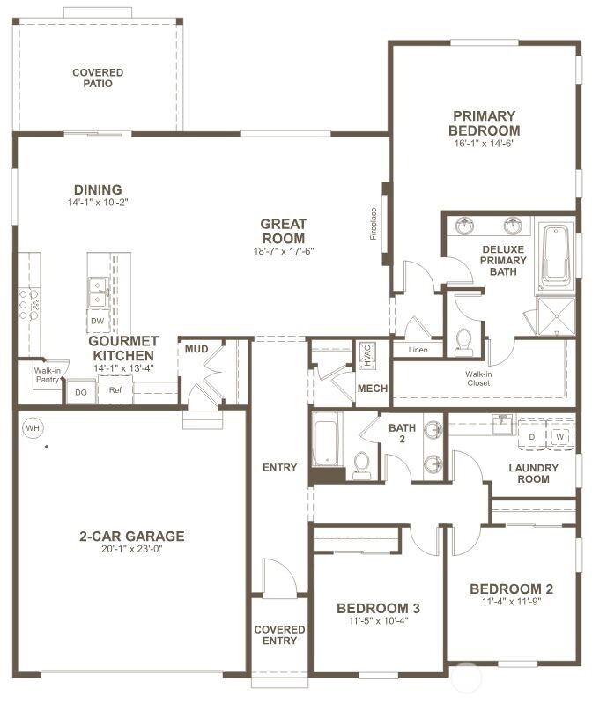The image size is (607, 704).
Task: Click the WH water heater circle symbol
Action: click(33, 428)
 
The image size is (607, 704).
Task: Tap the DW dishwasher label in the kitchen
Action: click(97, 322)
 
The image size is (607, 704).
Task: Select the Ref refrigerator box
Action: click(115, 389)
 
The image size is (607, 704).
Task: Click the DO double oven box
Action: click(80, 392)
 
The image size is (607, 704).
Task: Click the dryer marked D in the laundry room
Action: click(531, 436)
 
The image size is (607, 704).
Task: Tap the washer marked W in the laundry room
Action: click(561, 436)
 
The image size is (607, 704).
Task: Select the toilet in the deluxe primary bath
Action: click(464, 342)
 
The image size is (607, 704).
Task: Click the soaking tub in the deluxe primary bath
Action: click(555, 256)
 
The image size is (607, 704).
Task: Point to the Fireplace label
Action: click(373, 224)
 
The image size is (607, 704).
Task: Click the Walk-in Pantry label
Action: click(48, 375)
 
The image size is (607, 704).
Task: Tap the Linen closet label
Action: click(418, 351)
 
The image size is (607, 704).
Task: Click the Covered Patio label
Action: click(98, 78)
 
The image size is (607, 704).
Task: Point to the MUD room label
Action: click(196, 350)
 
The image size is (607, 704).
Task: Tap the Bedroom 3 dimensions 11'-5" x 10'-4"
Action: click(378, 620)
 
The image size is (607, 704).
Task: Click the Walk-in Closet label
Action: click(478, 378)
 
